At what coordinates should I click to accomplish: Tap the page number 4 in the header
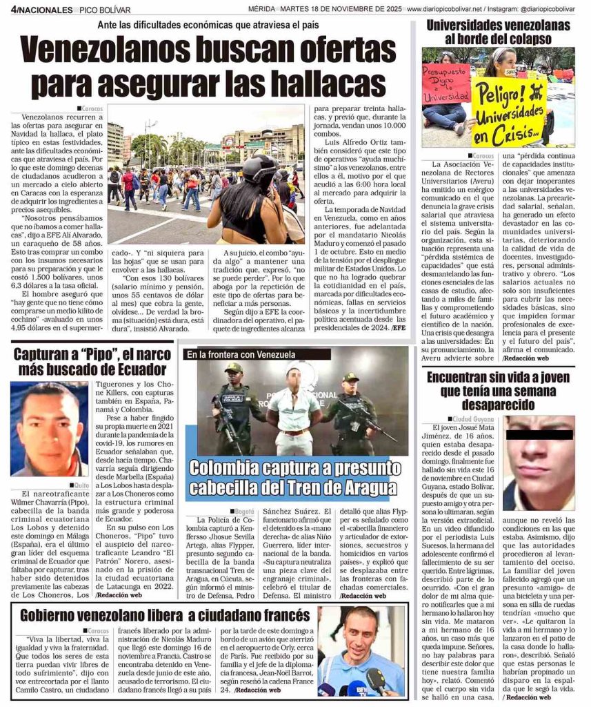14,10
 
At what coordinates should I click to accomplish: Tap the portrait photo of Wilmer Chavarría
48,429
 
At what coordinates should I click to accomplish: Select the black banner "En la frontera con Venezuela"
240,354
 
